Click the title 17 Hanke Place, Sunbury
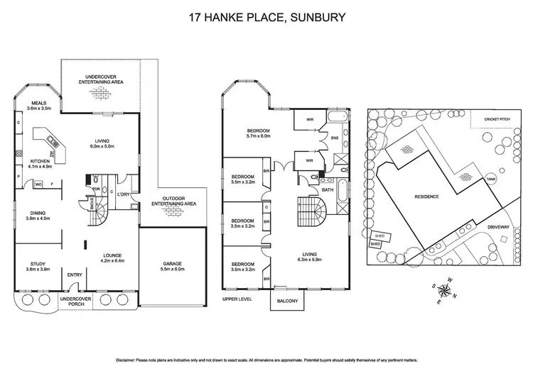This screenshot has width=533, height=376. pyautogui.click(x=266, y=17)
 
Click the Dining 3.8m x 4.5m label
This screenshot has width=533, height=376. pyautogui.click(x=35, y=216)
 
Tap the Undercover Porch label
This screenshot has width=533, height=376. pyautogui.click(x=75, y=302)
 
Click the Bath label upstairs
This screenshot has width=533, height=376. pyautogui.click(x=328, y=190)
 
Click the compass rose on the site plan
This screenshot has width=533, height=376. pyautogui.click(x=446, y=288)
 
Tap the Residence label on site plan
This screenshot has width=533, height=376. pyautogui.click(x=426, y=197)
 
